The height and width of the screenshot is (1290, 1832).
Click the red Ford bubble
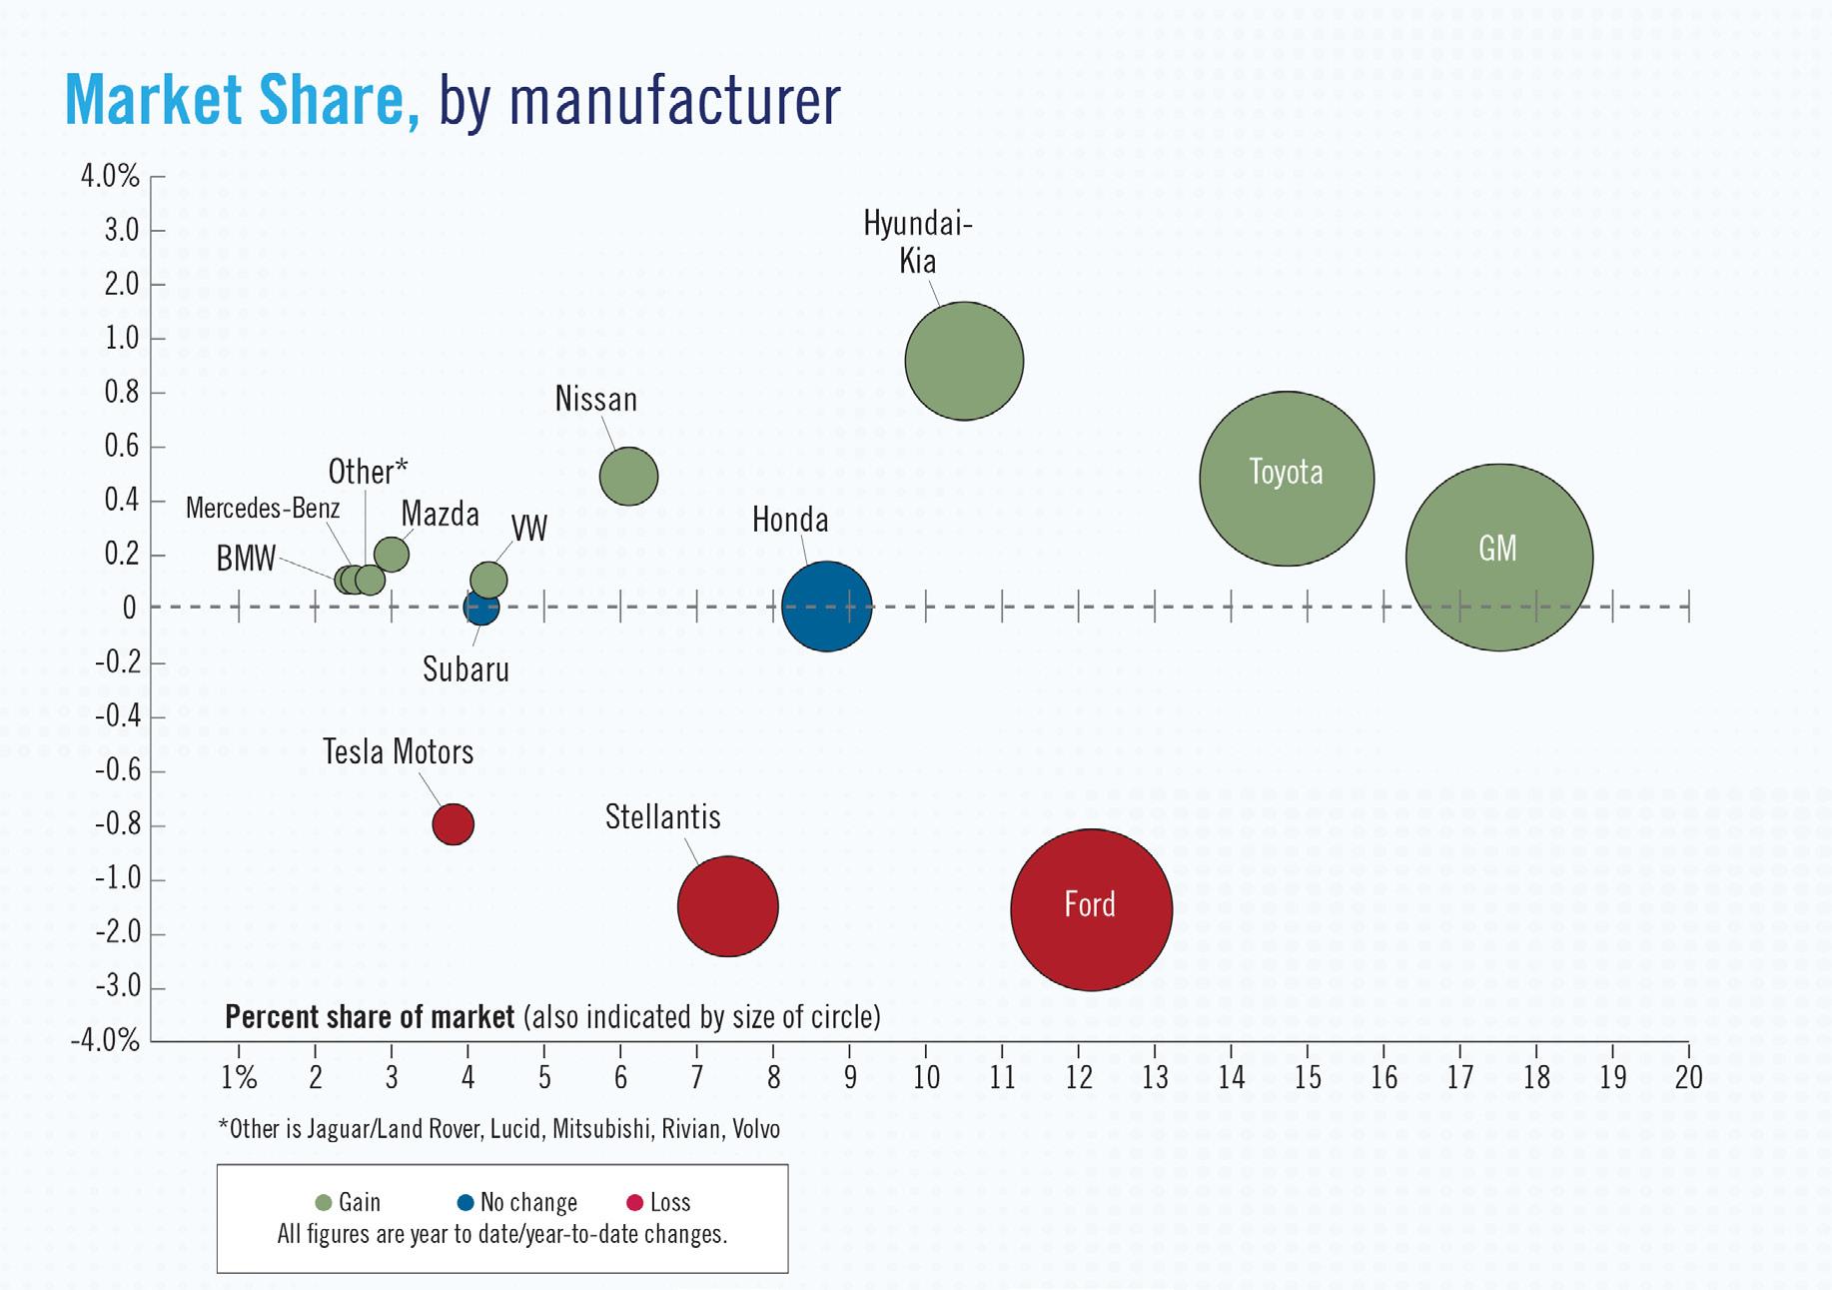click(1091, 909)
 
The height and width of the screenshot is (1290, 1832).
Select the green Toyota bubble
click(1287, 479)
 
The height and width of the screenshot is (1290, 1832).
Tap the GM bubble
click(1498, 558)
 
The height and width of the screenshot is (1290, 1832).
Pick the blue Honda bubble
click(826, 607)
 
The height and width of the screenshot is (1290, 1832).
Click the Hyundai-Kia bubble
click(964, 361)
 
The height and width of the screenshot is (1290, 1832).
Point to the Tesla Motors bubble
click(453, 824)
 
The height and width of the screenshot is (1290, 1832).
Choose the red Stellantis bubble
click(727, 906)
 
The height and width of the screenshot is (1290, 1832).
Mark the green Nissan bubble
click(628, 476)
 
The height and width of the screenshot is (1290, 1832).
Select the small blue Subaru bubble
click(479, 609)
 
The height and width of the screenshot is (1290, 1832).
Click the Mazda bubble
click(392, 554)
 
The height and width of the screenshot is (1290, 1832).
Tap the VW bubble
click(488, 580)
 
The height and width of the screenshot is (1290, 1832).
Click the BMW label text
click(246, 559)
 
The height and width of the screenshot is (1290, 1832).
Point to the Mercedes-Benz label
click(263, 508)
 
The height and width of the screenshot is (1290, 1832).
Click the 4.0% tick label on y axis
click(110, 177)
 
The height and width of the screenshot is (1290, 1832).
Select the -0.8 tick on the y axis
click(118, 825)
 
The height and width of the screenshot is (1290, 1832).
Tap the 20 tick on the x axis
click(1688, 1077)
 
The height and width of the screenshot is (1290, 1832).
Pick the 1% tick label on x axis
click(239, 1077)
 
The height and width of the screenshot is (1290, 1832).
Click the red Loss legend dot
click(633, 1202)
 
